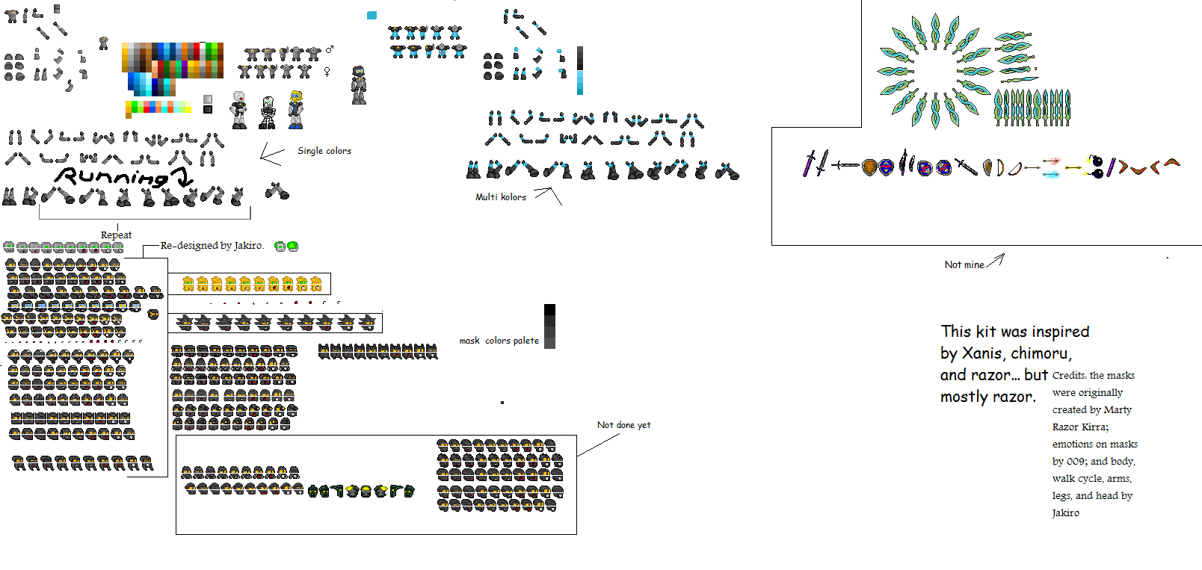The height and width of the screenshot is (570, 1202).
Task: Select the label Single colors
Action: (324, 151)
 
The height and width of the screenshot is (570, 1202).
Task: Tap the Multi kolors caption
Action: (501, 196)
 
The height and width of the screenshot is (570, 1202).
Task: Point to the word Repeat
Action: (116, 235)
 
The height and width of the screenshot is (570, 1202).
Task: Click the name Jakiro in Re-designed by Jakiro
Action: (248, 246)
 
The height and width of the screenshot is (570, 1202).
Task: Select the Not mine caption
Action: (964, 264)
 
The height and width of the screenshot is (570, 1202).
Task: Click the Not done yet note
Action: (623, 424)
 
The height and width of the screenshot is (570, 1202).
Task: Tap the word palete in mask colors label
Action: (526, 341)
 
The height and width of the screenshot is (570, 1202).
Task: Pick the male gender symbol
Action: (330, 49)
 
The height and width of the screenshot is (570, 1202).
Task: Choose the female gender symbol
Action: (327, 71)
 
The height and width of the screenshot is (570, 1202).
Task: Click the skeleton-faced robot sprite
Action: (267, 113)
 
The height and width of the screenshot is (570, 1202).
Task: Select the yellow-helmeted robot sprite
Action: (295, 110)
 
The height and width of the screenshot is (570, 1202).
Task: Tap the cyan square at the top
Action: (372, 16)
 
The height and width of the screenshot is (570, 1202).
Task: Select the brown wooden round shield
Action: (869, 167)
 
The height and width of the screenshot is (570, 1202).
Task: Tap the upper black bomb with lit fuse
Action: (1097, 161)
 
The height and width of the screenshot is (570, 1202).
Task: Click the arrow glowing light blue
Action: (1052, 174)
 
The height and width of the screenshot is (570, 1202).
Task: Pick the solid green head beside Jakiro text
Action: (293, 246)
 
